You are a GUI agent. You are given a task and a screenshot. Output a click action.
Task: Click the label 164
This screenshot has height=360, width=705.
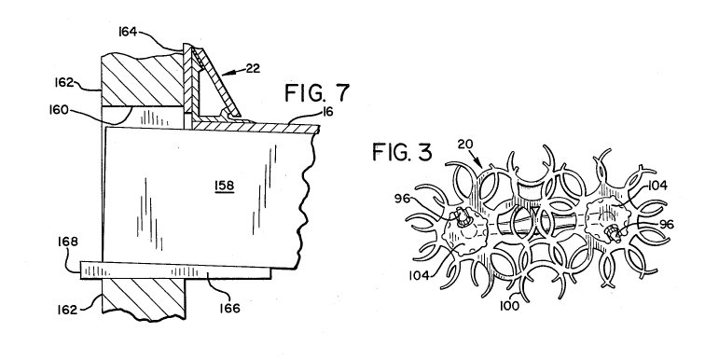(128, 32)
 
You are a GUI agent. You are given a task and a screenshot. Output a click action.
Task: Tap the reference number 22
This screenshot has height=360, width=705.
(253, 69)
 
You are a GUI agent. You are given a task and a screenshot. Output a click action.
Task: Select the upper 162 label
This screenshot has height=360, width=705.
(64, 82)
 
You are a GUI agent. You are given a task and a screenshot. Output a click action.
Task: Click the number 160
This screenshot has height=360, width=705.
(59, 110)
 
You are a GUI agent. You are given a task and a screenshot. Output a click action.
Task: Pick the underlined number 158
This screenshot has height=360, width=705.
(225, 187)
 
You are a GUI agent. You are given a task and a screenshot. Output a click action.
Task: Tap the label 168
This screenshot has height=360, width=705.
(68, 242)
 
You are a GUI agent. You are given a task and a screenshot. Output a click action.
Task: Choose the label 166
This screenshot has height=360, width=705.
(229, 309)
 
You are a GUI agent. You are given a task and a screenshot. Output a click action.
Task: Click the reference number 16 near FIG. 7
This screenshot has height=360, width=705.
(328, 112)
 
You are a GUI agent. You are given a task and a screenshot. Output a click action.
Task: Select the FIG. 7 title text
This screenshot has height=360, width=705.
(317, 93)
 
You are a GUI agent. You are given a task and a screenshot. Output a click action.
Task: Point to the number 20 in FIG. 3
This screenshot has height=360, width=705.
(466, 145)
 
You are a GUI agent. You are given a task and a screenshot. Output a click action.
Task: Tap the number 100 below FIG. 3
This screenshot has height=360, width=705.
(510, 306)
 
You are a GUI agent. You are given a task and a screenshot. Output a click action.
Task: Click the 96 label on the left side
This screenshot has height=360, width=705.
(403, 198)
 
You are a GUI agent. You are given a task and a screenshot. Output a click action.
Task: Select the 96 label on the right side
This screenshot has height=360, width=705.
(667, 224)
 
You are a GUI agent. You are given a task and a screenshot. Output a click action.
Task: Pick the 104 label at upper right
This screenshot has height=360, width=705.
(657, 186)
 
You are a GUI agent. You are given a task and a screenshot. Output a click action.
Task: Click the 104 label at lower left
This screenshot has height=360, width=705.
(419, 274)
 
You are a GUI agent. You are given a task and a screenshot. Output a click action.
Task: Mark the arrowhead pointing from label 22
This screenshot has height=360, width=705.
(226, 74)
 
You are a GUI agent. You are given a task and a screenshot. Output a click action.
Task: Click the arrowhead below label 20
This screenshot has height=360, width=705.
(479, 163)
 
